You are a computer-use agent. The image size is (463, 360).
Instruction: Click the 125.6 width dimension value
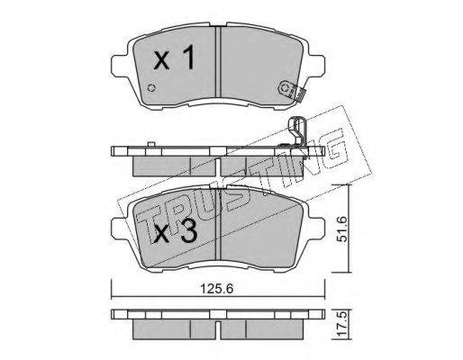pos(217,289)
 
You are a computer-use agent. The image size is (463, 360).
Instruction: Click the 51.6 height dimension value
pos(342,229)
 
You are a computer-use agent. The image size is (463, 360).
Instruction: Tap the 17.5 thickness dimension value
pos(343,326)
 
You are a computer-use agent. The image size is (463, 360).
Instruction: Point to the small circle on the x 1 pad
pos(152,88)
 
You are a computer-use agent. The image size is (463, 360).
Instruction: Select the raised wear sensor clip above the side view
pos(297,132)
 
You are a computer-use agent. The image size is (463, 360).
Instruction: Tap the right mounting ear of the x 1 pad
pos(315,65)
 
